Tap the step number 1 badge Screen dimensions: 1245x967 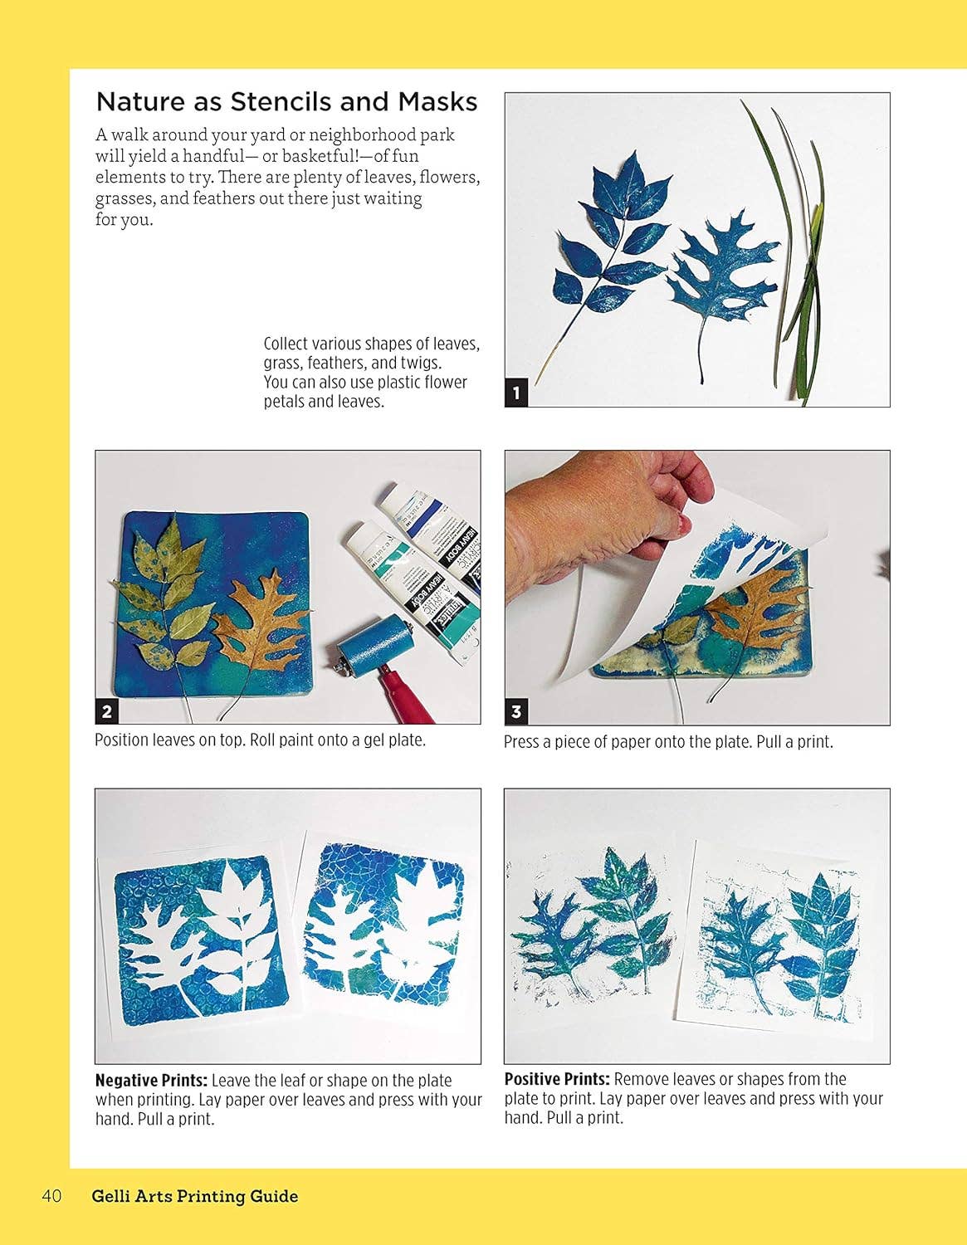click(x=516, y=393)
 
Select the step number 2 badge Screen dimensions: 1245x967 click(x=107, y=711)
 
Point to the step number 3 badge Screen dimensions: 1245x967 click(x=516, y=711)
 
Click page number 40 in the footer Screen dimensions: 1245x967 click(x=51, y=1196)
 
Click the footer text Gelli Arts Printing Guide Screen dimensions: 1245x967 click(x=195, y=1196)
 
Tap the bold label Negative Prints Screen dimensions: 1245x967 click(x=151, y=1081)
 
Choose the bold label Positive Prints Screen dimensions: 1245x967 click(x=557, y=1079)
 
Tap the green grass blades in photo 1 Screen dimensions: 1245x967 click(x=793, y=274)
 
